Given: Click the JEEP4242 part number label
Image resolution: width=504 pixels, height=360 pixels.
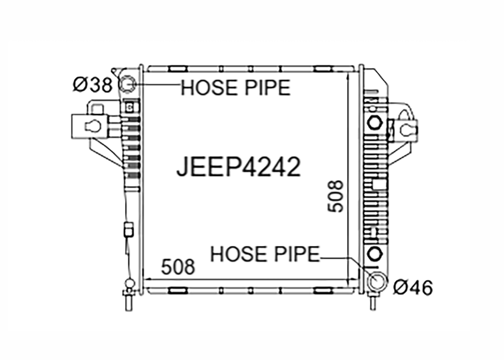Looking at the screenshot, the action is [x=239, y=167].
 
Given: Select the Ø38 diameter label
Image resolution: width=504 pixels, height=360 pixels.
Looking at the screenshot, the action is [x=93, y=85].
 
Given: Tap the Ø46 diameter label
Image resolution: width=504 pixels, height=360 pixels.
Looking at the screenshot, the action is [x=413, y=287].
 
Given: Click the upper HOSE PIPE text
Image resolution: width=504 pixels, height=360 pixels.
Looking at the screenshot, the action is [x=236, y=88].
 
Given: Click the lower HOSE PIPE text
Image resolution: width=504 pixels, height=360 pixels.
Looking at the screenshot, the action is [x=265, y=254].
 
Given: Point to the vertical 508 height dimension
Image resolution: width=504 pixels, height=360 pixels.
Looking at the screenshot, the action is [x=335, y=196].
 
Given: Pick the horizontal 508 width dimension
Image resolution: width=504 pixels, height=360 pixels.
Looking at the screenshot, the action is [x=178, y=267].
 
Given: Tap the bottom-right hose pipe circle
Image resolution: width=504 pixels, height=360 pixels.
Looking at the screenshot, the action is [x=377, y=282].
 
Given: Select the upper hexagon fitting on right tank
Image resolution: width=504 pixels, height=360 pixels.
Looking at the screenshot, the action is [x=375, y=123].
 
